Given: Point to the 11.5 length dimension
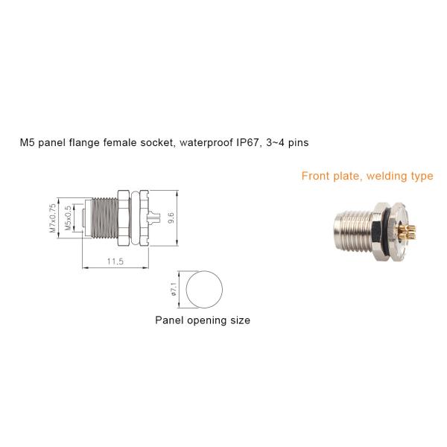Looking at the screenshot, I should coord(115,261).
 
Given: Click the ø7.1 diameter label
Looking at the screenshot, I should coord(174,289).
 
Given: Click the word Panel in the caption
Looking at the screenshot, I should coord(168,320).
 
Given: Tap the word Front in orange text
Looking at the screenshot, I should coord(316,177).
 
